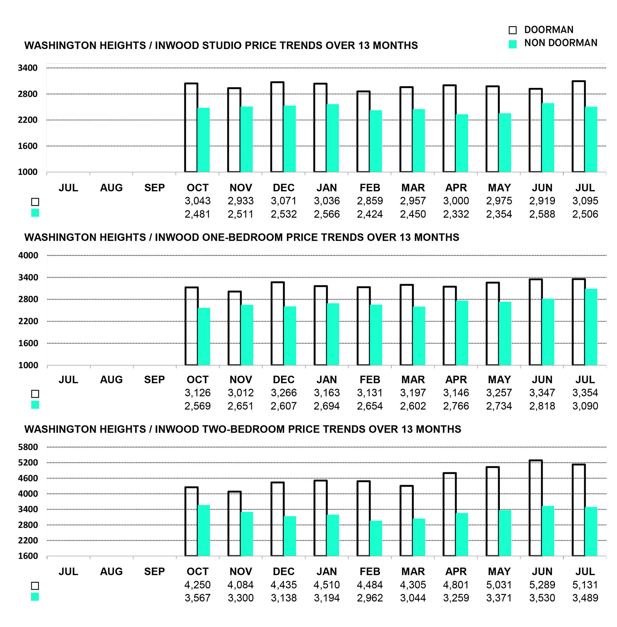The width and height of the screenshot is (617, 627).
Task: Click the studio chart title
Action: [221, 46]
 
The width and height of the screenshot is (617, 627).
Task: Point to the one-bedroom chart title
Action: [242, 237]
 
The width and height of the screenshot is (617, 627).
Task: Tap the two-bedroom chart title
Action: [243, 429]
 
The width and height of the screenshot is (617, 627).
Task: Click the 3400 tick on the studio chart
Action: [28, 68]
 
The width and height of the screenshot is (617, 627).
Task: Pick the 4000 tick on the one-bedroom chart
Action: [28, 255]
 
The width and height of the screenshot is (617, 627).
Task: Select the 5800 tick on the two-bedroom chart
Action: [28, 447]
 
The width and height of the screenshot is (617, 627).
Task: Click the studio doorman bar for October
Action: [191, 128]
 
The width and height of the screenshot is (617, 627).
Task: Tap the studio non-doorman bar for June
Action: [548, 138]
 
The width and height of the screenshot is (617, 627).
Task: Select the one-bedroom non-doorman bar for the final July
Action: [591, 327]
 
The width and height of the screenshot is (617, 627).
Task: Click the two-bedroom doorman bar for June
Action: [536, 508]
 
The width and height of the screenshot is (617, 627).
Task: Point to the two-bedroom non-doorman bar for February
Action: [376, 538]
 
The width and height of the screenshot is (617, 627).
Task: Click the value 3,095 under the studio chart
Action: [585, 201]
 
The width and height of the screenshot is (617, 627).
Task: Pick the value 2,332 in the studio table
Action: [456, 214]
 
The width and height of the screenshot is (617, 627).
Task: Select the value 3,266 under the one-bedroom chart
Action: [283, 393]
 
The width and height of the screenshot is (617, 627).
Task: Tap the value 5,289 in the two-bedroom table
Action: [542, 585]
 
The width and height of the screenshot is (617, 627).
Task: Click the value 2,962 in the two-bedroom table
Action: [370, 598]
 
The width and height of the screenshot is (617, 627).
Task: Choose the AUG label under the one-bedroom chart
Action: [111, 380]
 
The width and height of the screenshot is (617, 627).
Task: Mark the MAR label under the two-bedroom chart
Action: [413, 571]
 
